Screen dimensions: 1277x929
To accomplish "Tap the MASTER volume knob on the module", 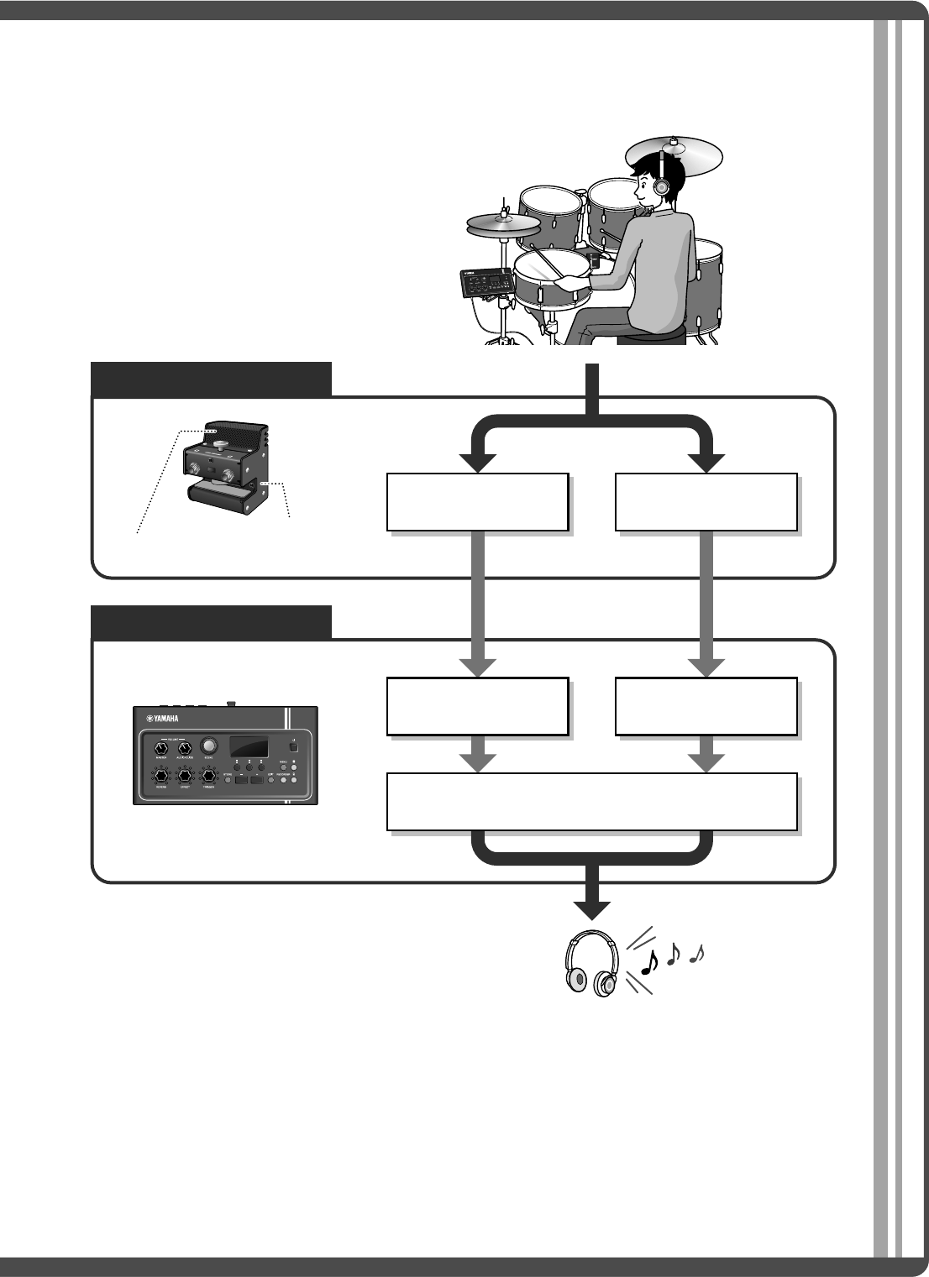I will click(160, 746).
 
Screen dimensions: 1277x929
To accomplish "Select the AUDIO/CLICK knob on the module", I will click(184, 746).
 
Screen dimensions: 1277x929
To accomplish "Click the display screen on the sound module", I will click(248, 746).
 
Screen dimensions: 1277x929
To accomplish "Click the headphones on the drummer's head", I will click(662, 186).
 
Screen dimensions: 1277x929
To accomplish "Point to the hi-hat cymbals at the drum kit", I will click(502, 223).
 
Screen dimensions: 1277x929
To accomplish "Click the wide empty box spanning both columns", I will click(591, 802).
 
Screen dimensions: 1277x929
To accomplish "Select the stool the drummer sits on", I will click(651, 337).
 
